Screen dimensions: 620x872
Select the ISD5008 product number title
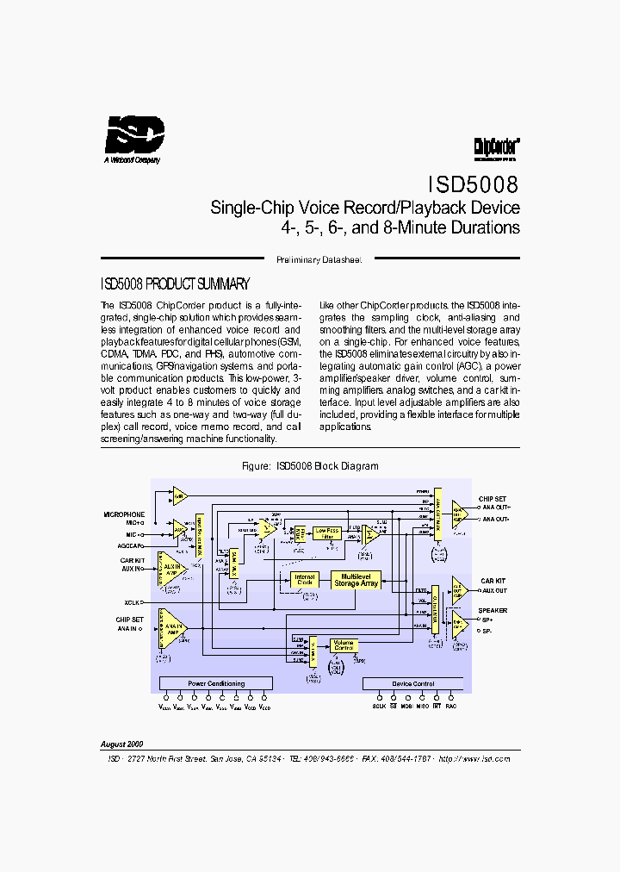(x=473, y=184)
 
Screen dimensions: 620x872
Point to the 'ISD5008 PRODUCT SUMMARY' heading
(x=176, y=283)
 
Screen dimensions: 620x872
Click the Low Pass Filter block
(x=327, y=533)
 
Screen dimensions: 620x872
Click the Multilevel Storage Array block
(x=356, y=580)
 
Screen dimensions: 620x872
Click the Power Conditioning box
(x=216, y=683)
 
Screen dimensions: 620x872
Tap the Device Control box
(x=413, y=683)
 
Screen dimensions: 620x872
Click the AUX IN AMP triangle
(x=172, y=570)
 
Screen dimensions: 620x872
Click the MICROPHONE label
(x=124, y=514)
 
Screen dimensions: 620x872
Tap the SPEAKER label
(x=493, y=610)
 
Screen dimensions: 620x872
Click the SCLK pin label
(x=379, y=706)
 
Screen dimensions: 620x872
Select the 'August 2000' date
(x=122, y=743)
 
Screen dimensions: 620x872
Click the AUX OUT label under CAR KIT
(x=494, y=590)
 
